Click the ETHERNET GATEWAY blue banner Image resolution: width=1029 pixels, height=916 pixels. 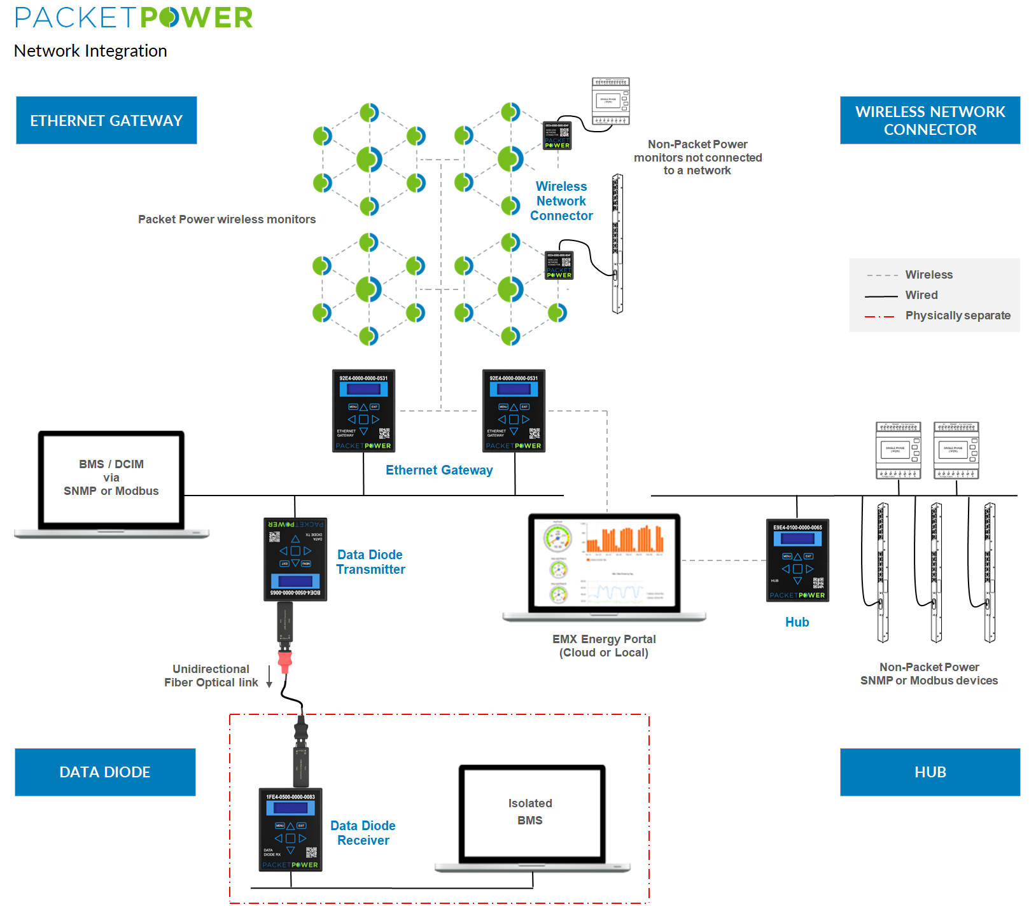pyautogui.click(x=106, y=120)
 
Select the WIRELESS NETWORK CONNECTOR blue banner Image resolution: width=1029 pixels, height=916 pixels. pyautogui.click(x=929, y=120)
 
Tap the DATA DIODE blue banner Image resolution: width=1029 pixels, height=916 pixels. pyautogui.click(x=105, y=772)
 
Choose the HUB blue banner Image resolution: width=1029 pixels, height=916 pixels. pyautogui.click(x=929, y=772)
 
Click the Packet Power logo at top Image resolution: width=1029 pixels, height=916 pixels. pyautogui.click(x=134, y=18)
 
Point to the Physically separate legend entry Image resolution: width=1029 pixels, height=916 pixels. pyautogui.click(x=957, y=316)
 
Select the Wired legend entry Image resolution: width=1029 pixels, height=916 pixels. pyautogui.click(x=921, y=295)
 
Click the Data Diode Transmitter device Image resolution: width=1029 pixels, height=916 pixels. pyautogui.click(x=295, y=559)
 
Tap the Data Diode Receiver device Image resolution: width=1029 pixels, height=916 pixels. pyautogui.click(x=290, y=829)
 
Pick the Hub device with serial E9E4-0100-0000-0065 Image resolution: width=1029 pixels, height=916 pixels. pyautogui.click(x=797, y=560)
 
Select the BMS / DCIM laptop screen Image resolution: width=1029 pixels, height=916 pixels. pyautogui.click(x=111, y=478)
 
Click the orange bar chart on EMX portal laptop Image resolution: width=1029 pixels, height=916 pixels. pyautogui.click(x=625, y=539)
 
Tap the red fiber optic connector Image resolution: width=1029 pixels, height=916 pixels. pyautogui.click(x=284, y=660)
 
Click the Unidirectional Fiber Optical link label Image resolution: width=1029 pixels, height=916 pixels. pyautogui.click(x=211, y=676)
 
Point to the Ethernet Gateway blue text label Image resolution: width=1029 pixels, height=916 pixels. pyautogui.click(x=439, y=470)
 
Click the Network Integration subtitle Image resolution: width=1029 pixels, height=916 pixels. pyautogui.click(x=90, y=51)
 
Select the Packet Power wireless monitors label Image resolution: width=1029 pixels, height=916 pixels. pyautogui.click(x=227, y=219)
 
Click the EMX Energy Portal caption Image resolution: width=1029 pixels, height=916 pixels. pyautogui.click(x=604, y=646)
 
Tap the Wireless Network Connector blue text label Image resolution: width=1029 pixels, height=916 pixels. pyautogui.click(x=561, y=201)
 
